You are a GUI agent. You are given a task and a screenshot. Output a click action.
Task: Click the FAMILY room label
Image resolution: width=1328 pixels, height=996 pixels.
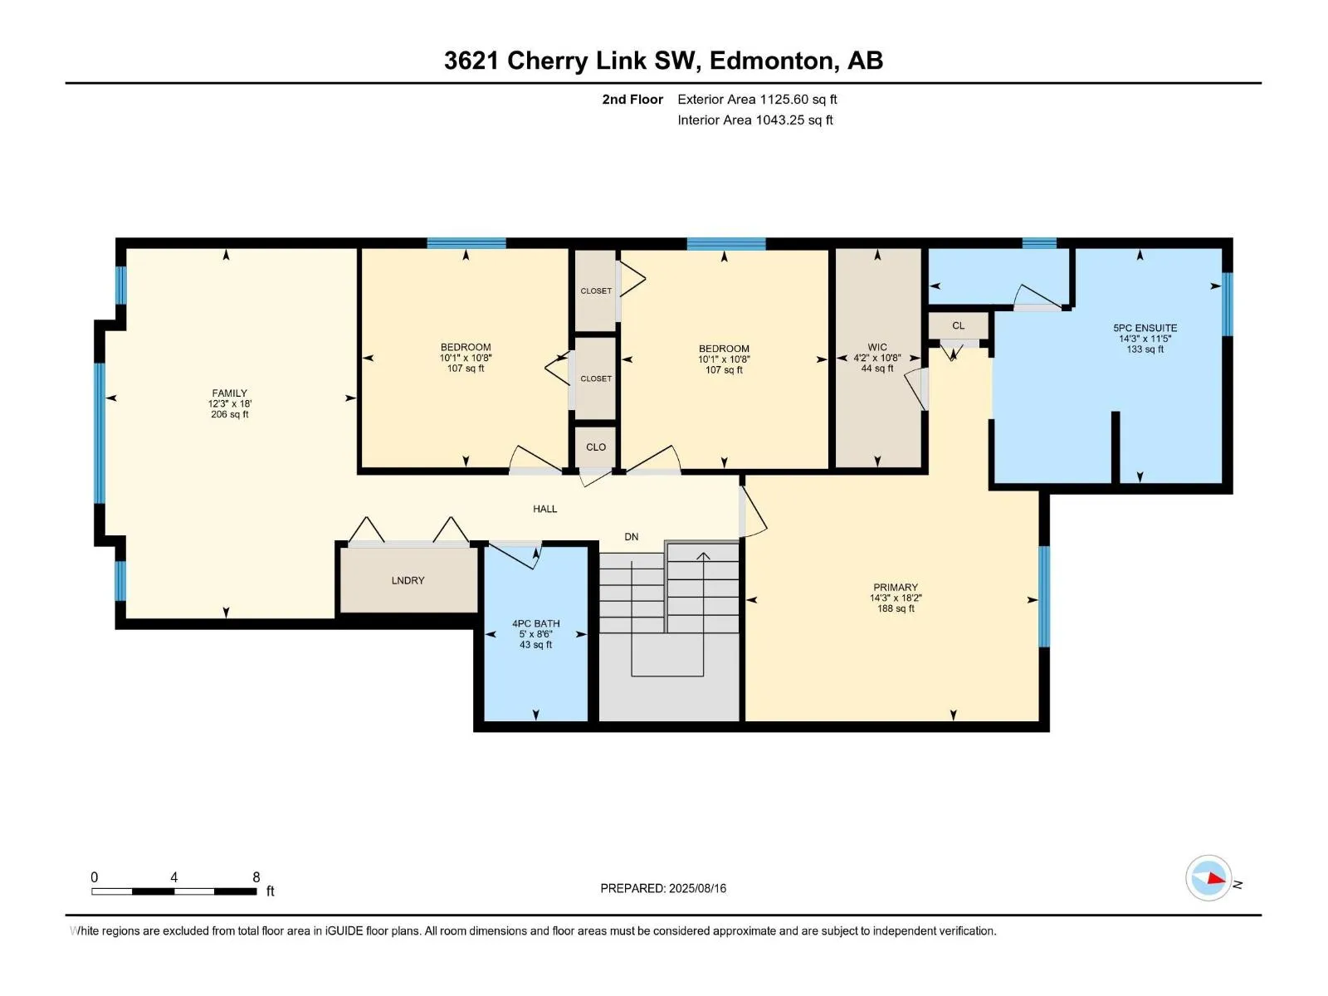coord(229,393)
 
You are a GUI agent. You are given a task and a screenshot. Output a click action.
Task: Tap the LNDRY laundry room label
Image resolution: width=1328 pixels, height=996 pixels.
coord(408,580)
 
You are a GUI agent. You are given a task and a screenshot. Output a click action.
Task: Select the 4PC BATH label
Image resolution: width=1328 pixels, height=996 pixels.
coord(535,623)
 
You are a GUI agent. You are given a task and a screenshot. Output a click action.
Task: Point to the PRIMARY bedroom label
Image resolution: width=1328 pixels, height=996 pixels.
coord(896,587)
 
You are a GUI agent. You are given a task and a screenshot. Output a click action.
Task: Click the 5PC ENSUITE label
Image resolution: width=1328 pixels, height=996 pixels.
coord(1145,328)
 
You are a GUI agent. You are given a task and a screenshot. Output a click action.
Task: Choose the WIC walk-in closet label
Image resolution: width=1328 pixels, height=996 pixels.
coord(877,347)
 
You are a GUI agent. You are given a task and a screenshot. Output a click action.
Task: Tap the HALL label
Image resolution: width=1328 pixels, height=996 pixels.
coord(545,509)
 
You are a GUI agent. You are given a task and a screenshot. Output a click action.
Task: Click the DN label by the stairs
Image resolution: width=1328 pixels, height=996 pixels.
coord(631,537)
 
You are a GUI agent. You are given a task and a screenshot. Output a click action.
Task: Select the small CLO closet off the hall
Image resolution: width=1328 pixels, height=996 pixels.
coord(596,447)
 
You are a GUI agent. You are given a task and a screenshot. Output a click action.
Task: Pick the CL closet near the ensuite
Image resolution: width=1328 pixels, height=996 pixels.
coord(959,325)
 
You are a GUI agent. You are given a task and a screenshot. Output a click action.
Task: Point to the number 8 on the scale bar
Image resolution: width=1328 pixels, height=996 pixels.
coord(256,877)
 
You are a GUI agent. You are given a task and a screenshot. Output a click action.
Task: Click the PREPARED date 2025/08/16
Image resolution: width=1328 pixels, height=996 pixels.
coord(697,888)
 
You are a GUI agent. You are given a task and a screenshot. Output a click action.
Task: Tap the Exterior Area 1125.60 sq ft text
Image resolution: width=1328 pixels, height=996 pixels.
coord(757,99)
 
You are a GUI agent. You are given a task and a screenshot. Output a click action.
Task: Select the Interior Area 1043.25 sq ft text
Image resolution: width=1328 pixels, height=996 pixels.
coord(754,120)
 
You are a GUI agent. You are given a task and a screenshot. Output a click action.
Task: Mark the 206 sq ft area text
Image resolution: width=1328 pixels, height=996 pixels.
coord(229,414)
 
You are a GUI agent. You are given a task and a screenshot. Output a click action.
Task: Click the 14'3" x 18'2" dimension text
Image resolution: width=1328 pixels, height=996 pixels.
coord(896,598)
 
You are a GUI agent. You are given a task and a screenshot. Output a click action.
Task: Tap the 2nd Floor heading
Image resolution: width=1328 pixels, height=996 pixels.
coord(632,99)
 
